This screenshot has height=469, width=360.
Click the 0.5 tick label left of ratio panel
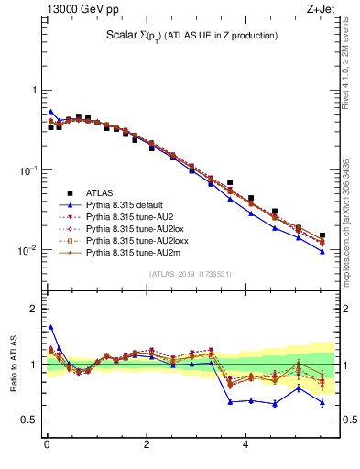coord(28,420)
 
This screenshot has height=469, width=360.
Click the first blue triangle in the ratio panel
coord(50,326)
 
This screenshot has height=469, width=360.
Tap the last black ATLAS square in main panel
coord(322,235)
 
